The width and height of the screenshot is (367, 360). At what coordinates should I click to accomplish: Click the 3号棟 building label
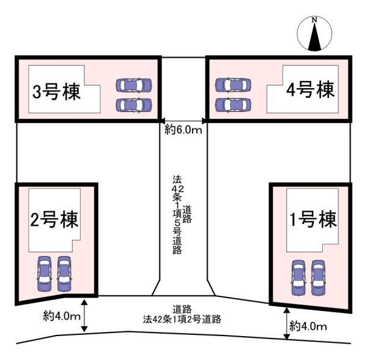(x=56, y=92)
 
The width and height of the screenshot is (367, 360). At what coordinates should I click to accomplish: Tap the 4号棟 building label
(x=310, y=89)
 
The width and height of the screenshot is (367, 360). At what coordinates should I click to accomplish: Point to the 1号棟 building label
(x=313, y=219)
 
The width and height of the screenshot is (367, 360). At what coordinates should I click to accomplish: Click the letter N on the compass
(x=314, y=20)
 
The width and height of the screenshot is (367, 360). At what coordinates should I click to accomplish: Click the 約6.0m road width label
(x=183, y=130)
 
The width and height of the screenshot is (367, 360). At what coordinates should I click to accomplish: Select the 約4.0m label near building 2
(x=62, y=317)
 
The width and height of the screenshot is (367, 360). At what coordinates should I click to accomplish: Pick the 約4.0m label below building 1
(x=308, y=326)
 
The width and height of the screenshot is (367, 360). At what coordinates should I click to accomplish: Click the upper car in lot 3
(x=134, y=84)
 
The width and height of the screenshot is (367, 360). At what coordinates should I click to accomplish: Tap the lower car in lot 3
(x=134, y=105)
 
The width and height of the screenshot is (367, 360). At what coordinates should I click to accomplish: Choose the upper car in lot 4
(x=233, y=84)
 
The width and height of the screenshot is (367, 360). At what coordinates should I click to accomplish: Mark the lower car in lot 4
(x=233, y=105)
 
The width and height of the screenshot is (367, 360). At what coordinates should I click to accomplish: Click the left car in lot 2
(x=44, y=274)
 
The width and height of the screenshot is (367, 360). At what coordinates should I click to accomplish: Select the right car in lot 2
(x=64, y=274)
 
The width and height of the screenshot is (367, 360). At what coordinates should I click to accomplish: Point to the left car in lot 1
(x=298, y=278)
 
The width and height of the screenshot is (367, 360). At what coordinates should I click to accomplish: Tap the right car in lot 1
(x=318, y=278)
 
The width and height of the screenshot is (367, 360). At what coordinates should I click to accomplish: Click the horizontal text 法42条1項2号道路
(x=182, y=319)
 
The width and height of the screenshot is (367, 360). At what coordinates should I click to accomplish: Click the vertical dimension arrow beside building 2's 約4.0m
(x=84, y=315)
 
